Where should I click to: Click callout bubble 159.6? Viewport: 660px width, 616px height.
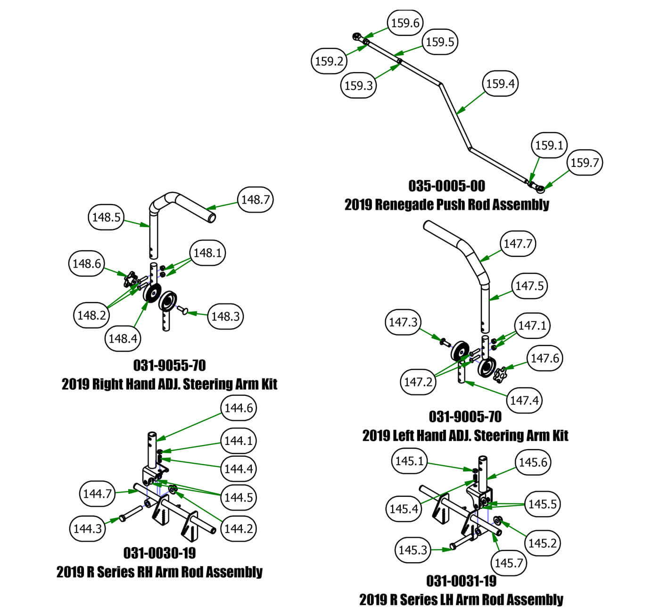pyautogui.click(x=405, y=23)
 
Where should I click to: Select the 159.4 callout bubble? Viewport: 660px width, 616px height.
pyautogui.click(x=500, y=83)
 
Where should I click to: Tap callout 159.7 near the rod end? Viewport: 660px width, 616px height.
pyautogui.click(x=585, y=163)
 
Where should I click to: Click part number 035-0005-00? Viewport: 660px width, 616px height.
pyautogui.click(x=446, y=186)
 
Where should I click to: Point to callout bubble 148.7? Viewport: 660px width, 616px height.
pyautogui.click(x=255, y=199)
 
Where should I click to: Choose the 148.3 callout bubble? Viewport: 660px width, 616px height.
pyautogui.click(x=225, y=316)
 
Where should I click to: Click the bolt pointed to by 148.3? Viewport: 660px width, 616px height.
pyautogui.click(x=182, y=310)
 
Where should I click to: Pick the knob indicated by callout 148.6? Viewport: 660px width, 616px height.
pyautogui.click(x=129, y=279)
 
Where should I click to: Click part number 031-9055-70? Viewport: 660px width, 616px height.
pyautogui.click(x=169, y=365)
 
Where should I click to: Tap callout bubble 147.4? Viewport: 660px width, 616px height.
pyautogui.click(x=524, y=401)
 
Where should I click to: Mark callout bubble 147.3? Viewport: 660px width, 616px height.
pyautogui.click(x=403, y=322)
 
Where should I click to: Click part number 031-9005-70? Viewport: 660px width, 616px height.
pyautogui.click(x=465, y=417)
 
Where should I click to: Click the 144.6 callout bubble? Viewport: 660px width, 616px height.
pyautogui.click(x=239, y=408)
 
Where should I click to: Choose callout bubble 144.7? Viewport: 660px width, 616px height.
pyautogui.click(x=97, y=493)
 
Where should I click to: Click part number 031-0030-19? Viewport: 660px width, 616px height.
pyautogui.click(x=159, y=552)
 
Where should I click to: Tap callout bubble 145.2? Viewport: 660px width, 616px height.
pyautogui.click(x=542, y=543)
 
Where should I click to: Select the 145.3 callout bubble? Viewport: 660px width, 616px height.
pyautogui.click(x=412, y=550)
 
